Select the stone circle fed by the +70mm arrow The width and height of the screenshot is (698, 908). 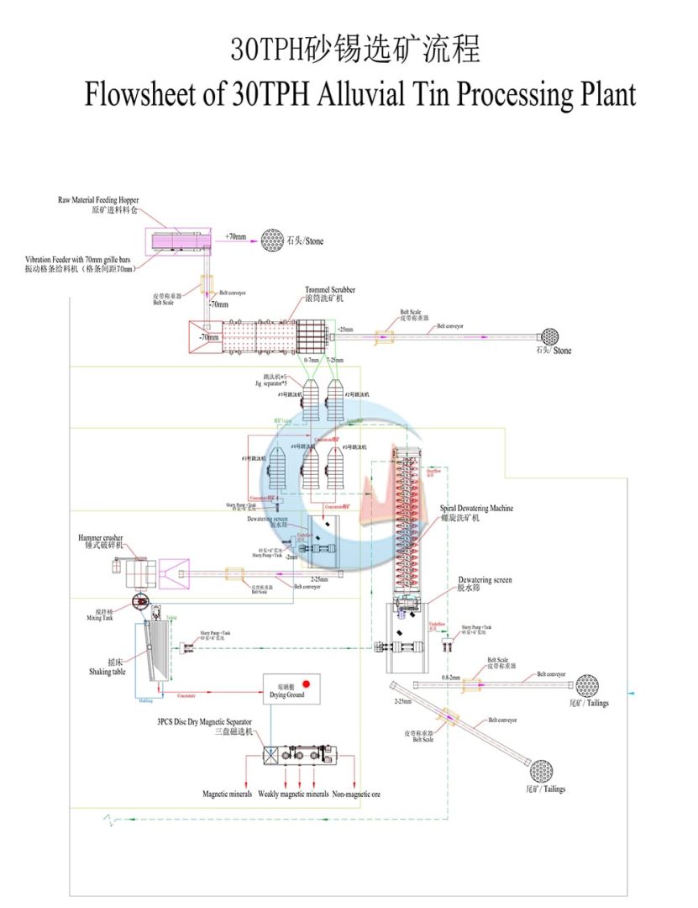(272, 240)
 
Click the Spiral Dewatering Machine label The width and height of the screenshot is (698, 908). (476, 509)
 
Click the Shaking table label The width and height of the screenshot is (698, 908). (107, 672)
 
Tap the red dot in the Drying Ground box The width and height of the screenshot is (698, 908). (307, 684)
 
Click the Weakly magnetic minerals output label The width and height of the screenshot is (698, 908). (293, 794)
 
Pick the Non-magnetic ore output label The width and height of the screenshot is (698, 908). (356, 794)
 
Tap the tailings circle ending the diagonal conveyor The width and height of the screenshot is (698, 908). (540, 769)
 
